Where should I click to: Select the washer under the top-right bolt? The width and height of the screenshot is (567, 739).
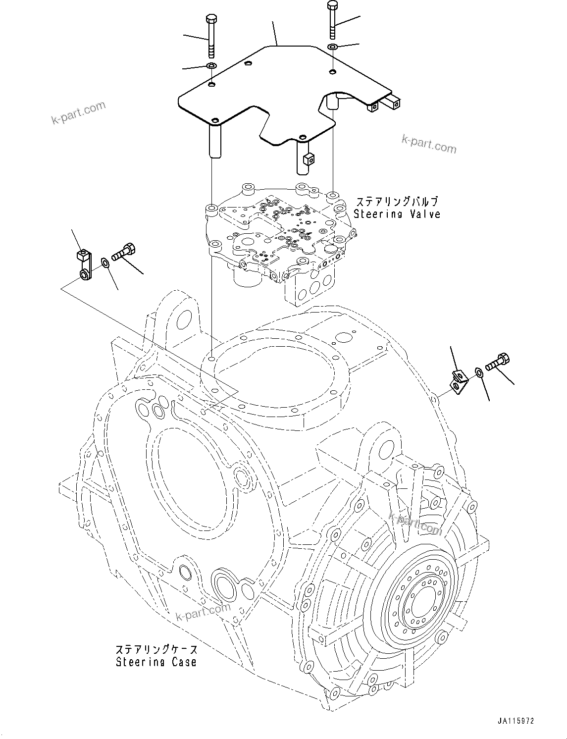(332, 47)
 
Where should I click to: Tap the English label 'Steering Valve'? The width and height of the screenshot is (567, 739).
(397, 214)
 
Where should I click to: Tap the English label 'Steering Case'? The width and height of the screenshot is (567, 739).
(156, 662)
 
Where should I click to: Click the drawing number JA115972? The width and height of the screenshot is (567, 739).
(516, 722)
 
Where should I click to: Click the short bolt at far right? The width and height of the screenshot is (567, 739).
(498, 362)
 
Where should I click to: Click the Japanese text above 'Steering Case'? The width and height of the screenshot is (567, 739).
(156, 649)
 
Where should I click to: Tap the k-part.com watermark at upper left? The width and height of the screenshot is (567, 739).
(78, 113)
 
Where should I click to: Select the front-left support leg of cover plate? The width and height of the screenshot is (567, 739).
(215, 141)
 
